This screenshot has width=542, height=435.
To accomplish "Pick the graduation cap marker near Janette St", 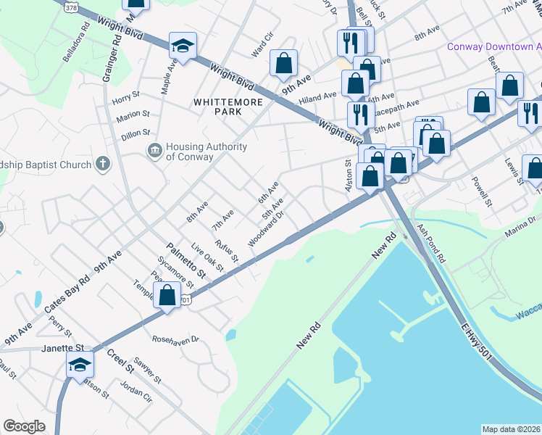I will pos(80,365).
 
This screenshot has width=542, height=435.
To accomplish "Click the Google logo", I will pos(24,426).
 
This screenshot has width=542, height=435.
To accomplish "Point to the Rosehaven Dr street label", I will pos(175,339).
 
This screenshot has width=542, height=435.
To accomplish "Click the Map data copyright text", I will pos(511,428).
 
